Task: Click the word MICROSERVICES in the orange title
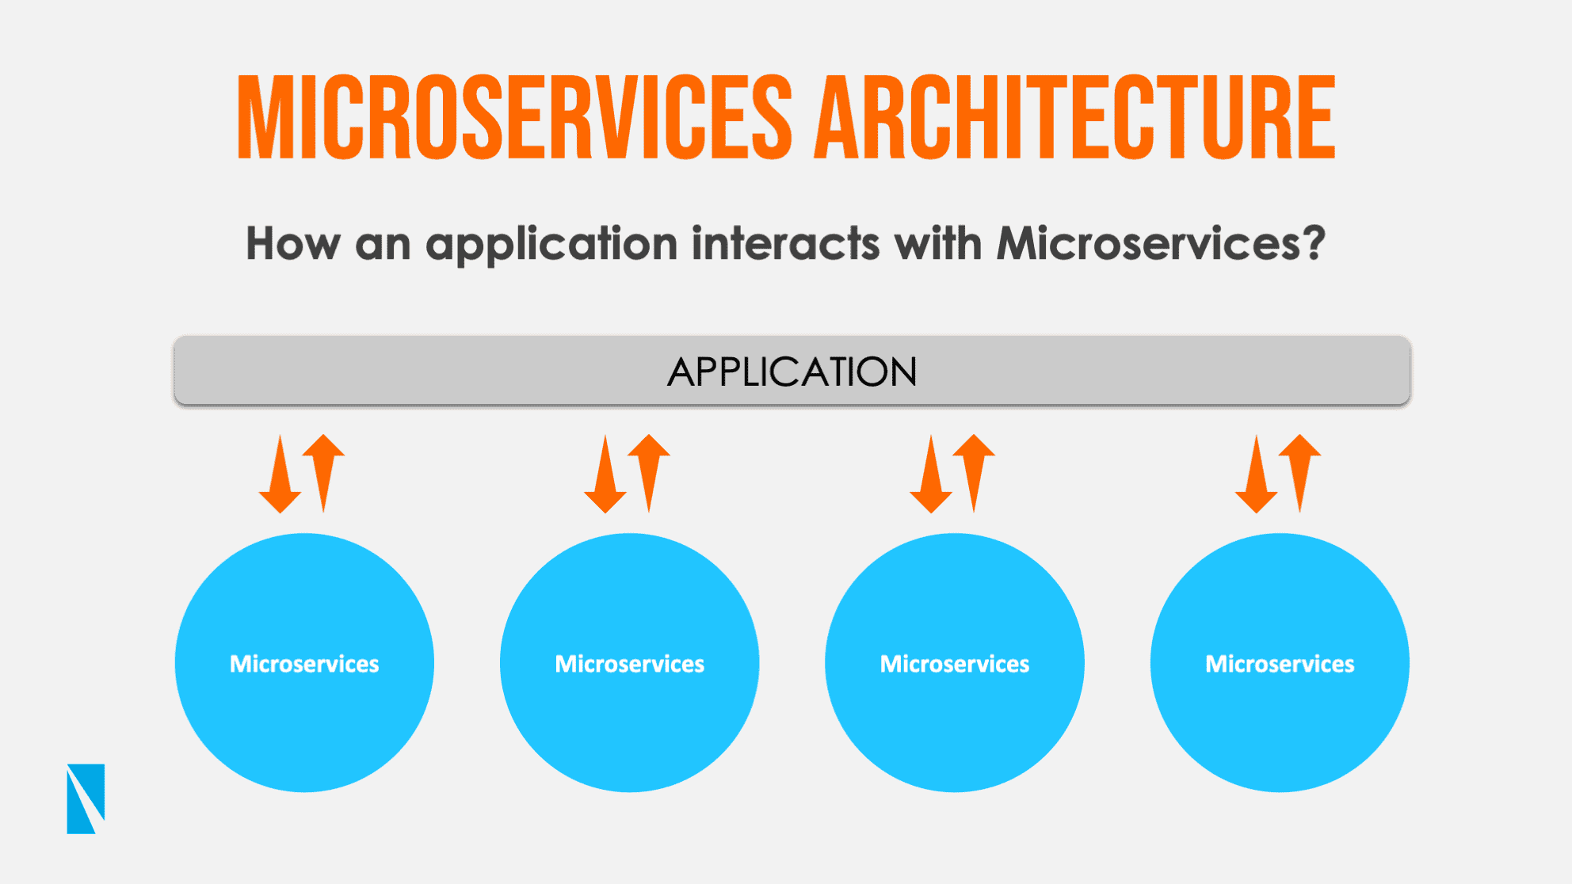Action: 514,117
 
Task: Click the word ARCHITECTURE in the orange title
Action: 1075,117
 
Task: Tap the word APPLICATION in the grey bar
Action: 792,372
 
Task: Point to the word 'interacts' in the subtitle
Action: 785,243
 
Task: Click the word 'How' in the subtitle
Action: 292,243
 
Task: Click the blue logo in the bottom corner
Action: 86,798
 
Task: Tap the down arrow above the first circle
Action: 280,474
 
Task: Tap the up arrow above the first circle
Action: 323,473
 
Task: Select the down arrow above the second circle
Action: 605,474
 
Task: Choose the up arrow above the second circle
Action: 649,473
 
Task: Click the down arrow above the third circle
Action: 931,474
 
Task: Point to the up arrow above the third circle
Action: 974,473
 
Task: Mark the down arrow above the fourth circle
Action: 1256,474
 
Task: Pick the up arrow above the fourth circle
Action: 1299,473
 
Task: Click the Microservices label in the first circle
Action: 304,664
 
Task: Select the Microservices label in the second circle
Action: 630,664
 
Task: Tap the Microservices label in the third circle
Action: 955,664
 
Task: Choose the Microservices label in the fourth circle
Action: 1280,664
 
